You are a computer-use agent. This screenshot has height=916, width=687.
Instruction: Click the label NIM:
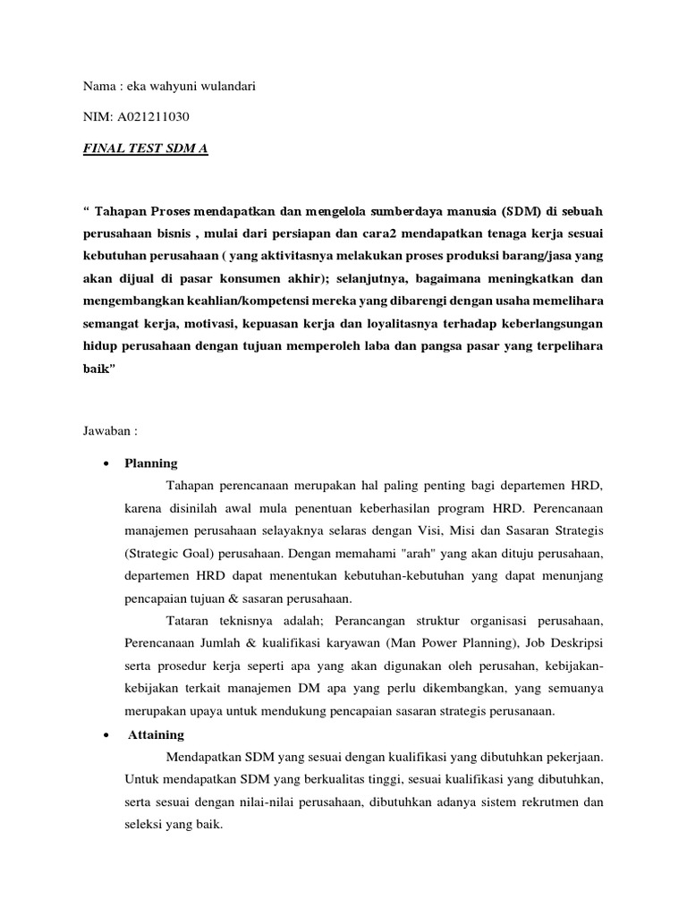pyautogui.click(x=94, y=116)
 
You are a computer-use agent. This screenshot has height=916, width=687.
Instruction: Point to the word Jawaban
pyautogui.click(x=102, y=429)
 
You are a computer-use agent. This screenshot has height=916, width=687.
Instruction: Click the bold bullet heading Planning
pyautogui.click(x=151, y=462)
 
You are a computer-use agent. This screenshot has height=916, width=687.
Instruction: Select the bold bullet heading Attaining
pyautogui.click(x=157, y=734)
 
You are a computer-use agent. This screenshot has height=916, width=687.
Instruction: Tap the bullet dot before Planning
pyautogui.click(x=106, y=463)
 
